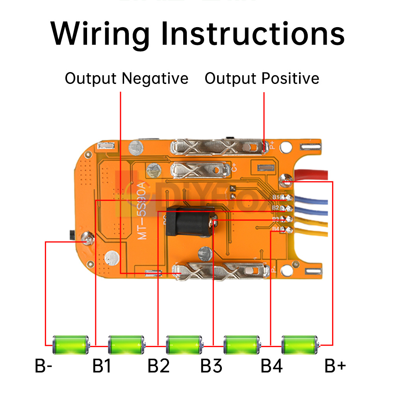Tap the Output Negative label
pyautogui.click(x=126, y=78)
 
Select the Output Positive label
pyautogui.click(x=262, y=78)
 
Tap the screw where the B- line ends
pyautogui.click(x=87, y=237)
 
